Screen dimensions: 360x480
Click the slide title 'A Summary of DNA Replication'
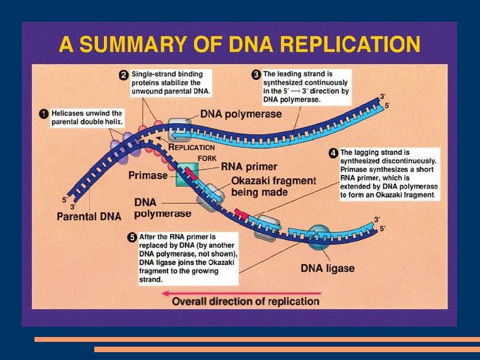click(x=239, y=45)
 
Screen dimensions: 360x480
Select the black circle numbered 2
click(x=123, y=75)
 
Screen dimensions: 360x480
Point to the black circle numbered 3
click(x=256, y=75)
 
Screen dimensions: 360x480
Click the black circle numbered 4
click(x=332, y=154)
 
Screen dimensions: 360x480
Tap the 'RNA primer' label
click(x=248, y=166)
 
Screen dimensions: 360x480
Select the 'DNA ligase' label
click(x=327, y=268)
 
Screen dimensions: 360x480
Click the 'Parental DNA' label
click(x=89, y=215)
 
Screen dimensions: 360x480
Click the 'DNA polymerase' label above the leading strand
click(x=241, y=114)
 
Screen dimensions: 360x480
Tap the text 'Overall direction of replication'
click(x=246, y=301)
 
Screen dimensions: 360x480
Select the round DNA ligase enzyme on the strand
click(x=318, y=236)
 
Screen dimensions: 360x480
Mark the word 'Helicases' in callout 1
click(x=68, y=113)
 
